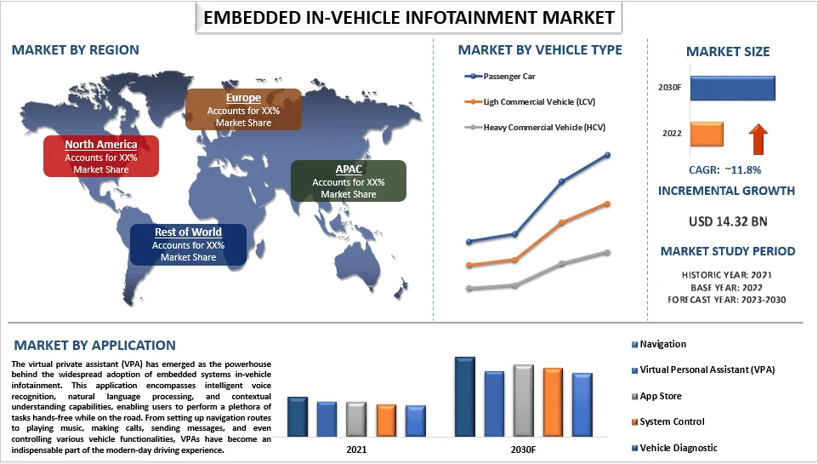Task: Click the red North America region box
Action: [101, 157]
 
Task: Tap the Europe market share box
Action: [243, 110]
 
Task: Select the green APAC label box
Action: [348, 181]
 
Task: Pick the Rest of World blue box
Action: [188, 244]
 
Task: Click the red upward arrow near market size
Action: [758, 135]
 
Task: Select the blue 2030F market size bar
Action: [732, 89]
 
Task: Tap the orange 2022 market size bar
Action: [707, 135]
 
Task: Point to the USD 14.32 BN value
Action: [727, 221]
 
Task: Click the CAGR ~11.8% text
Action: [727, 169]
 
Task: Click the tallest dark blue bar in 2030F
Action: [465, 396]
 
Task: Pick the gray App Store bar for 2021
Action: [356, 418]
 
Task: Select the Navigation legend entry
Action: [662, 345]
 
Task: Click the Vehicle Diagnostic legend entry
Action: [678, 448]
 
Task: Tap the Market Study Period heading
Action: [728, 251]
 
